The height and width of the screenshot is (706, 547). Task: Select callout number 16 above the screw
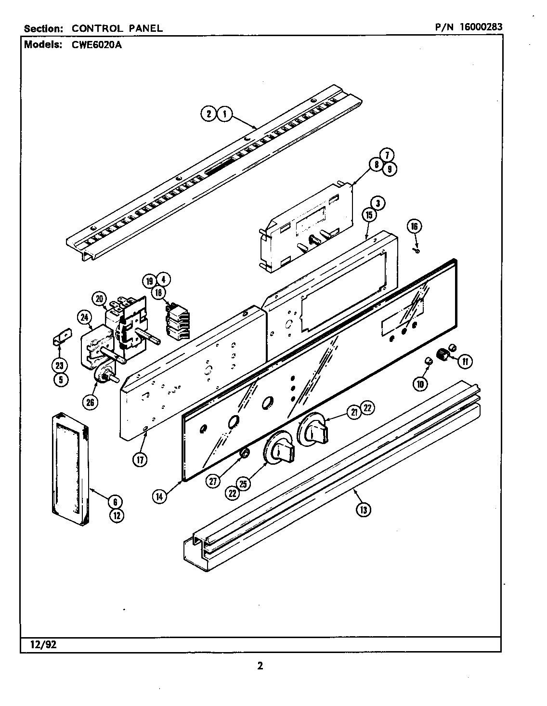click(414, 226)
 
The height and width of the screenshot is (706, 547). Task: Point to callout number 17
click(140, 459)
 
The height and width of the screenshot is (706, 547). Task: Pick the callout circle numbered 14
click(160, 497)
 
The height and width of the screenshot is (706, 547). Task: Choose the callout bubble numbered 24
click(85, 318)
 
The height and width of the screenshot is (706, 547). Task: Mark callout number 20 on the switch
click(100, 299)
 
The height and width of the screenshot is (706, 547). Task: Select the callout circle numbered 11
click(464, 361)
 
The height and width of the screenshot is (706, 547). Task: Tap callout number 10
click(420, 383)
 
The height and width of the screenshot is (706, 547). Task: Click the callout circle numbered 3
click(378, 204)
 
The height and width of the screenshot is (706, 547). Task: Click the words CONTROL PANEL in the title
click(117, 28)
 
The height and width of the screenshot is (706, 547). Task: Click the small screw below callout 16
click(417, 250)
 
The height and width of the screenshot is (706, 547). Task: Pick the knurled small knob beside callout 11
click(442, 355)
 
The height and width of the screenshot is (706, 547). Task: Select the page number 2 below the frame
click(260, 667)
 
